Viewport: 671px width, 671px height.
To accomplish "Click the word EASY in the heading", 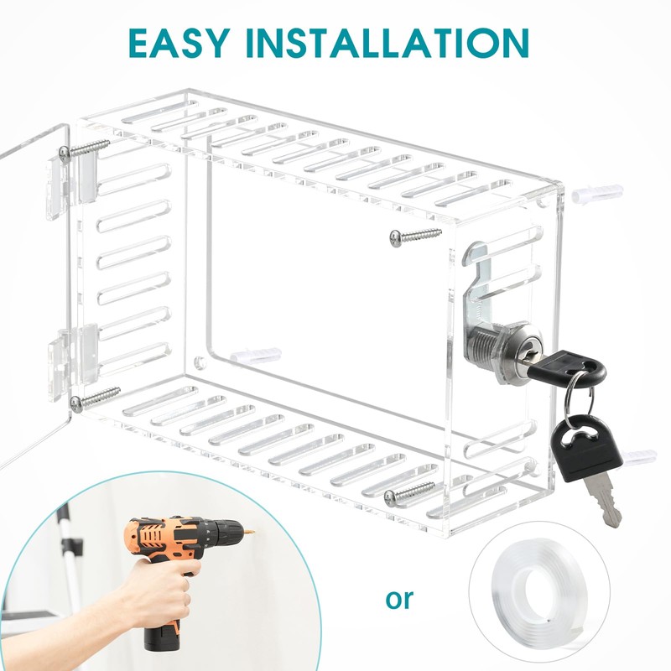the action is coord(179,43).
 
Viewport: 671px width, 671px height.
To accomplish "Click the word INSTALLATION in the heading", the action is coord(388,43).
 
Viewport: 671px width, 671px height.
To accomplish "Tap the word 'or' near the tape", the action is coord(399,599).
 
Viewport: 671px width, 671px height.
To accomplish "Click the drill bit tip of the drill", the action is coord(252,533).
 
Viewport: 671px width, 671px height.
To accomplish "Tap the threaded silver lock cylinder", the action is coord(497,350).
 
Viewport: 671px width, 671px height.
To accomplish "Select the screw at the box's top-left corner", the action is coord(86,149).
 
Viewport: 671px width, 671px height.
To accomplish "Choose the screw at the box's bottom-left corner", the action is coord(95,399).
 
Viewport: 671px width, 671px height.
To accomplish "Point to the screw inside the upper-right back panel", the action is coord(415,237).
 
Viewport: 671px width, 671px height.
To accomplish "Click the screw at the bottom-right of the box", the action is coord(409,493).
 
